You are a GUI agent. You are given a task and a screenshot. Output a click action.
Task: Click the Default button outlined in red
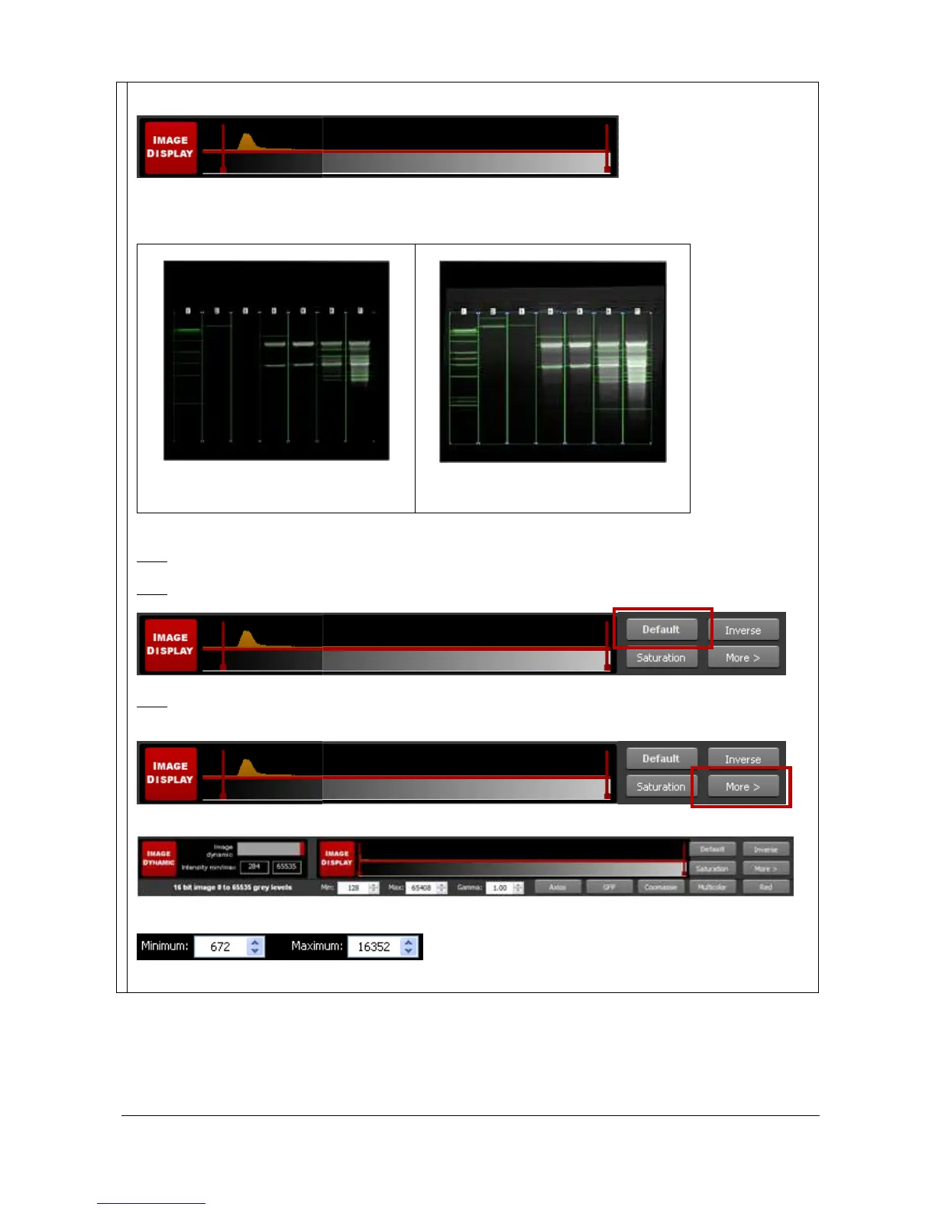pyautogui.click(x=662, y=629)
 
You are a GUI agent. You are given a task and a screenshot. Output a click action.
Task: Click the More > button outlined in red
pyautogui.click(x=742, y=786)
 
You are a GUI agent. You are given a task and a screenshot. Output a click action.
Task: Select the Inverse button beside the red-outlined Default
pyautogui.click(x=742, y=630)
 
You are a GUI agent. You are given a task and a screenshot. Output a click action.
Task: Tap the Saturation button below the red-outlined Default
pyautogui.click(x=662, y=658)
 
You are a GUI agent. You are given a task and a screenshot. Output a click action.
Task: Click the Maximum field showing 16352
pyautogui.click(x=374, y=947)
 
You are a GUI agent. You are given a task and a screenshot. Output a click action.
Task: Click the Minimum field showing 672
pyautogui.click(x=220, y=947)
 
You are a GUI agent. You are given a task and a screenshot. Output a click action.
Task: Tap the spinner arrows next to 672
pyautogui.click(x=255, y=947)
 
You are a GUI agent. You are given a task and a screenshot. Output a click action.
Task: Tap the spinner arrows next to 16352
pyautogui.click(x=409, y=947)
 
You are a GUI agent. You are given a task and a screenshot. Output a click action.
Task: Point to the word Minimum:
pyautogui.click(x=164, y=946)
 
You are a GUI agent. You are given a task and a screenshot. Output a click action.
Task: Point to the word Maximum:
pyautogui.click(x=317, y=946)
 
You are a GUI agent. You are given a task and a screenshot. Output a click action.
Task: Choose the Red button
pyautogui.click(x=765, y=887)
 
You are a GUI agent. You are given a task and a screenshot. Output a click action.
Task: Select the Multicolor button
pyautogui.click(x=712, y=887)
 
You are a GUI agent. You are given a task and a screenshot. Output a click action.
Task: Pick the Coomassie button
pyautogui.click(x=661, y=887)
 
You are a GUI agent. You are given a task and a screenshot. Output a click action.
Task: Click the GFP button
pyautogui.click(x=609, y=887)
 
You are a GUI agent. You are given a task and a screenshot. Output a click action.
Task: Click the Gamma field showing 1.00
pyautogui.click(x=500, y=888)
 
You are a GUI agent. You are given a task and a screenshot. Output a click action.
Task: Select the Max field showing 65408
pyautogui.click(x=421, y=888)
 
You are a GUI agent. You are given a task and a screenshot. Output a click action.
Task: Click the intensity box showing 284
pyautogui.click(x=254, y=867)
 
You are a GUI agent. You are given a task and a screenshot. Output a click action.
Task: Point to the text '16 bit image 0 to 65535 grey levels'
pyautogui.click(x=232, y=888)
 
